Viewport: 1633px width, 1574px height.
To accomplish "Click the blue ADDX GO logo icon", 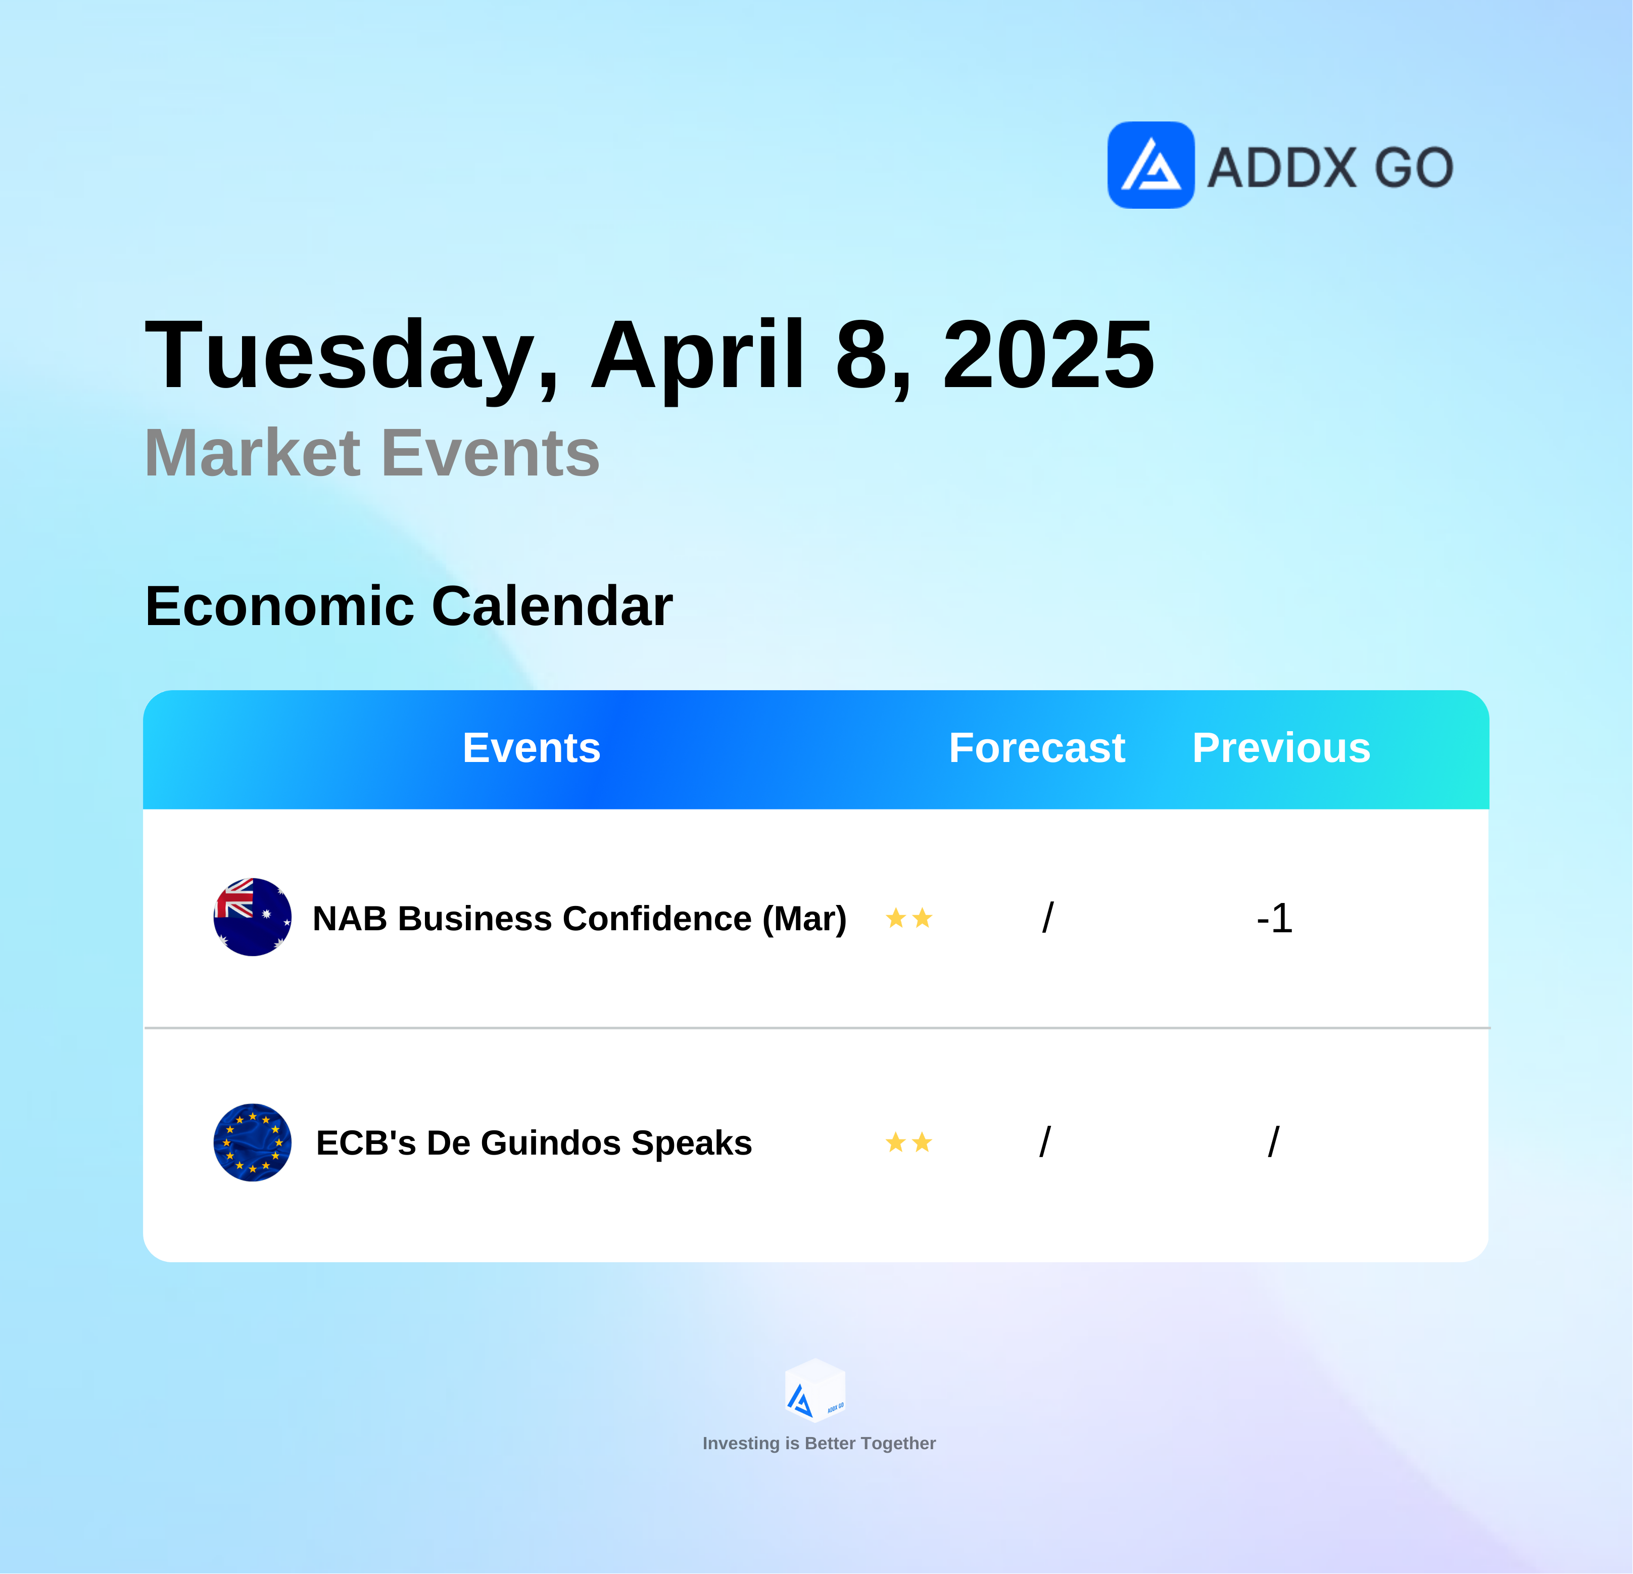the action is (x=1150, y=165).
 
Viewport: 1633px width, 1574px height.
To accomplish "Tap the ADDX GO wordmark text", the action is (x=1330, y=167).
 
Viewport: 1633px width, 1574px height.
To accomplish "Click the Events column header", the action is (x=532, y=747).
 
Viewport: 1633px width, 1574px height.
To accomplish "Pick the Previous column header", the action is (x=1281, y=747).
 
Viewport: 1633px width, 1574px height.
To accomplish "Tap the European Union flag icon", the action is (x=253, y=1142).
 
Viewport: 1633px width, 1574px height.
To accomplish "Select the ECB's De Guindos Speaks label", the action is (x=534, y=1143).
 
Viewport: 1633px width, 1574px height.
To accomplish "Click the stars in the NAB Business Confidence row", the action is (x=909, y=918).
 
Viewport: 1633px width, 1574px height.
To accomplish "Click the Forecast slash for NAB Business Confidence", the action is (x=1048, y=918).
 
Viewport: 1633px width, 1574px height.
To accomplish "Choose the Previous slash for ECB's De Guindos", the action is (x=1274, y=1141).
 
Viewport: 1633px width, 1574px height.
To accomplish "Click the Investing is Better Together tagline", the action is (x=819, y=1443).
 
